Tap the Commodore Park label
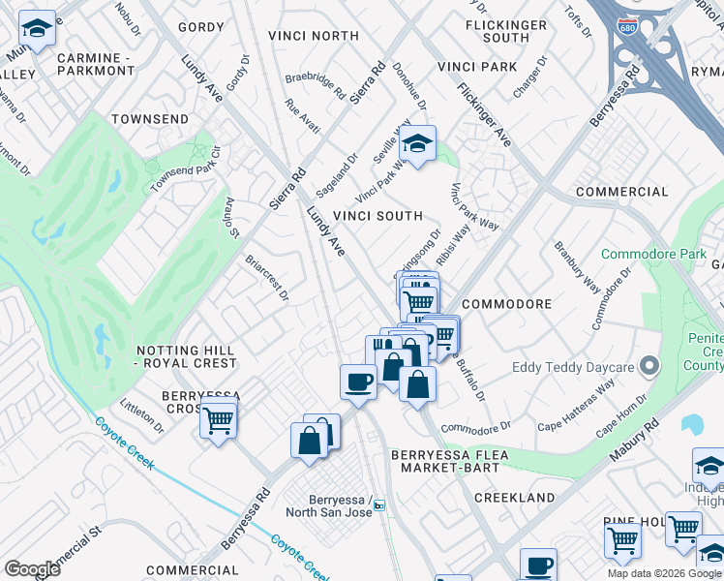pos(653,255)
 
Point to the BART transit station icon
pos(379,505)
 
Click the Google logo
pos(32,568)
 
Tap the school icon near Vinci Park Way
pos(417,145)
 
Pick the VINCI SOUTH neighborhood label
pos(377,216)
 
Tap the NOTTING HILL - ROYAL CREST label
pos(187,356)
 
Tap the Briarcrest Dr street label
pos(267,278)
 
